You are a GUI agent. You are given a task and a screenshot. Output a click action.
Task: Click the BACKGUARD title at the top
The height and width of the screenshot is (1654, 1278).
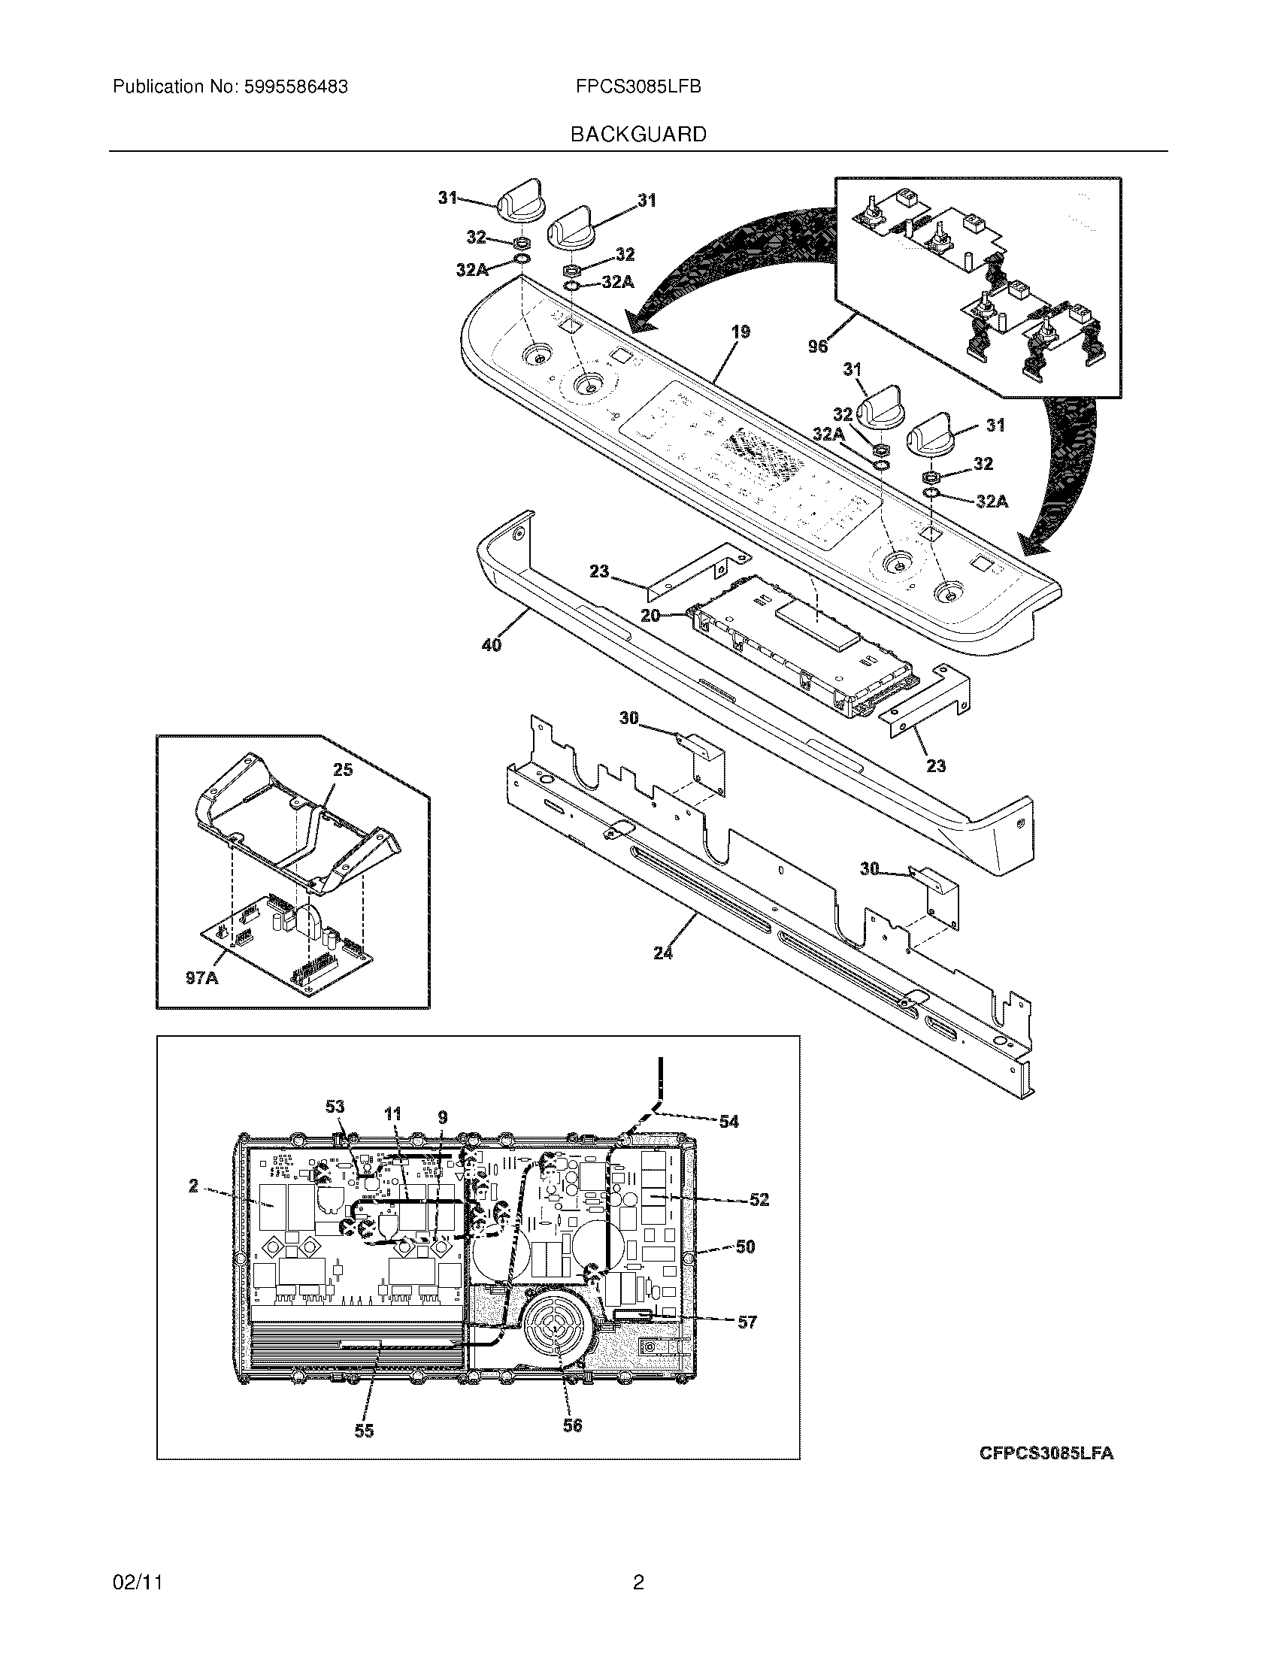click(x=638, y=135)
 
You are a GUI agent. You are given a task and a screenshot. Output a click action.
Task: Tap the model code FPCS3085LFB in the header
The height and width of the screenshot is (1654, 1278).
click(x=638, y=87)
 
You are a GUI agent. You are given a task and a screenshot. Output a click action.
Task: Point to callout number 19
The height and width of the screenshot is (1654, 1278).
click(x=740, y=332)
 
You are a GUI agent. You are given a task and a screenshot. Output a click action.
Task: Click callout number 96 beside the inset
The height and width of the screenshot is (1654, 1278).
click(x=818, y=346)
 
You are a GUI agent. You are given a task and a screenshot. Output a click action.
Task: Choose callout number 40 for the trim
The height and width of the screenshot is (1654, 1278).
click(x=492, y=646)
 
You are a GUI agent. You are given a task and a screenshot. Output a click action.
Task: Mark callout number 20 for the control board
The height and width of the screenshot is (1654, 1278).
click(x=650, y=616)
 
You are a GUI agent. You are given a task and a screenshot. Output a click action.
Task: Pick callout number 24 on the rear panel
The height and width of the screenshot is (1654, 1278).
click(x=662, y=953)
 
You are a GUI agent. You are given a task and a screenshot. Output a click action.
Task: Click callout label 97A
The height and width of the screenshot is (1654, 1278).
click(x=201, y=977)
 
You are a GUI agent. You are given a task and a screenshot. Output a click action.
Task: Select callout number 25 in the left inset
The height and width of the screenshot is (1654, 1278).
click(x=343, y=769)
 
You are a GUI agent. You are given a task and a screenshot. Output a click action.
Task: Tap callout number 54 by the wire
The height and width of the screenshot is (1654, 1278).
click(x=728, y=1121)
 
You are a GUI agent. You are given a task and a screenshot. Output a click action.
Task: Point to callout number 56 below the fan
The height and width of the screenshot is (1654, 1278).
click(x=572, y=1425)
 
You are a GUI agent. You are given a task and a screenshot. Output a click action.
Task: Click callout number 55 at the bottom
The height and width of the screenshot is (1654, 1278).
click(x=364, y=1430)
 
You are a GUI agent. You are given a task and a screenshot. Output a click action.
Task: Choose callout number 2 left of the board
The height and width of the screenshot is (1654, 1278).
click(x=194, y=1186)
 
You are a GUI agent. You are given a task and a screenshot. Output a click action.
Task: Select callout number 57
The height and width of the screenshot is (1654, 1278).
click(x=747, y=1322)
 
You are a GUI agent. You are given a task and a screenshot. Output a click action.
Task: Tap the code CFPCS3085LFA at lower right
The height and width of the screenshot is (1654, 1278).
click(x=1046, y=1453)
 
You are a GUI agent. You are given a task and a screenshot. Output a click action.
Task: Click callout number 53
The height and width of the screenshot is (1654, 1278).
click(x=335, y=1107)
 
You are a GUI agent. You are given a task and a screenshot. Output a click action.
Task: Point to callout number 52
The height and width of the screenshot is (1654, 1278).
click(x=759, y=1200)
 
